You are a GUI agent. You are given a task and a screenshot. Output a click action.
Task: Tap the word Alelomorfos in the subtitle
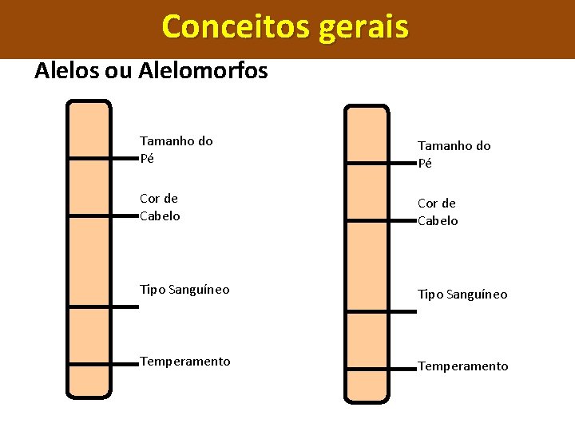(x=203, y=71)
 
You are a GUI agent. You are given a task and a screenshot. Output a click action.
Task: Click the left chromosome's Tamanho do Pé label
(x=176, y=149)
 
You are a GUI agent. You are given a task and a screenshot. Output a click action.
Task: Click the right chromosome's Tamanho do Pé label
(x=454, y=154)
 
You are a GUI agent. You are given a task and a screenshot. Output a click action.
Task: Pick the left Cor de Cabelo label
(x=160, y=207)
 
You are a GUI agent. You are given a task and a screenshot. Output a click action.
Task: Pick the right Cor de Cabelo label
(x=438, y=212)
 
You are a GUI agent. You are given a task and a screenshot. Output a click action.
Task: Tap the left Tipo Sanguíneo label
(x=184, y=289)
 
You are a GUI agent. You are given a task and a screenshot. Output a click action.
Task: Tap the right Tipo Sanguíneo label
(x=462, y=294)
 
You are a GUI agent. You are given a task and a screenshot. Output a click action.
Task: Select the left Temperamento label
(x=185, y=362)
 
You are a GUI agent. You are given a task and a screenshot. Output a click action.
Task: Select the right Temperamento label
(x=463, y=366)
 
